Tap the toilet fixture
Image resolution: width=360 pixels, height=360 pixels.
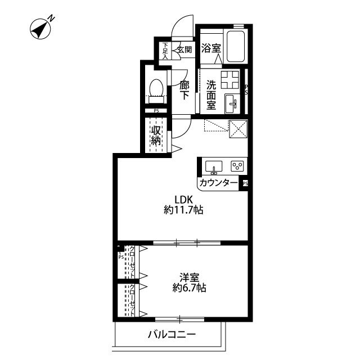156,88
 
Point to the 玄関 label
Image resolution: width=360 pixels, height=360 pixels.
184,49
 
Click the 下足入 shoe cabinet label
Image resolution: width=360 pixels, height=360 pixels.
165,51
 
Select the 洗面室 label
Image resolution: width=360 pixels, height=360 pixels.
211,96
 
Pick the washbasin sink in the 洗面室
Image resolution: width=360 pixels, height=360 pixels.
232,103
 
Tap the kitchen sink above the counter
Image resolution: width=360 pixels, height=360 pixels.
214,166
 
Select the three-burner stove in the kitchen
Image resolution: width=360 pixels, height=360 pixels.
237,166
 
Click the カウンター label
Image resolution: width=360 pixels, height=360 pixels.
218,183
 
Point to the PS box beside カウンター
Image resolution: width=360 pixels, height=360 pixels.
245,183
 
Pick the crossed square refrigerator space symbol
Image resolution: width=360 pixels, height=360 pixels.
239,129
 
